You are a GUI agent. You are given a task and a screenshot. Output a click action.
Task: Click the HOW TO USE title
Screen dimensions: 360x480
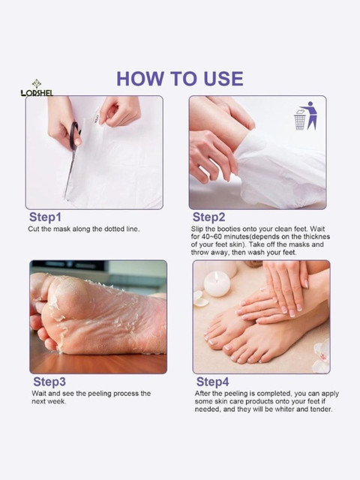(x=180, y=79)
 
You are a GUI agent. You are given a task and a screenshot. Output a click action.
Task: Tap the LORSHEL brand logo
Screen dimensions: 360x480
(x=37, y=88)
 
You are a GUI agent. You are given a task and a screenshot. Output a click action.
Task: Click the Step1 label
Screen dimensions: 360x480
(x=45, y=217)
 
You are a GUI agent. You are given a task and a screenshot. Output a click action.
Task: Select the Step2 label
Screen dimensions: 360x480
(x=208, y=217)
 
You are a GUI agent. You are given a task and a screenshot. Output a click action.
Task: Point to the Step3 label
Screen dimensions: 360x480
(x=49, y=382)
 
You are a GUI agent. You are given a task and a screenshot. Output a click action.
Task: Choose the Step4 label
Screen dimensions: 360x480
(x=212, y=382)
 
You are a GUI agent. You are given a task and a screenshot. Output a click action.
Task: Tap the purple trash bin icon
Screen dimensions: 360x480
(x=305, y=116)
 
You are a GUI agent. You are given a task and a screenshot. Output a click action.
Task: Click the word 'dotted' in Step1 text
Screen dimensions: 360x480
(x=114, y=229)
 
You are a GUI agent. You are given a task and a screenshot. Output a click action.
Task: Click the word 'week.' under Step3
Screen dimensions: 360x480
(x=58, y=401)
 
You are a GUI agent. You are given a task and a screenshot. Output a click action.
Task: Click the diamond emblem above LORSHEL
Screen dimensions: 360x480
(x=37, y=83)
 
